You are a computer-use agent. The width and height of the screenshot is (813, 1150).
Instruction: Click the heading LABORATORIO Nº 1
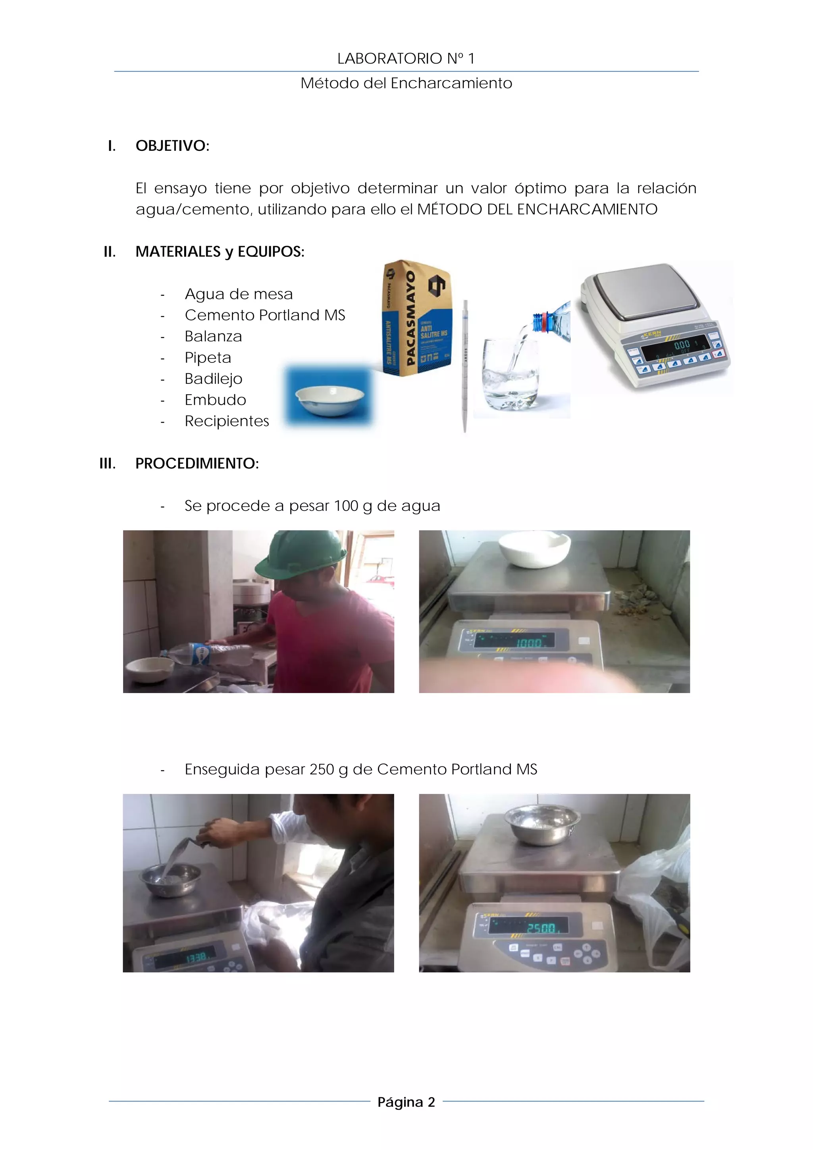[406, 59]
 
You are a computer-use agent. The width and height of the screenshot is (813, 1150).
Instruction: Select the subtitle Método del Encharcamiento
[406, 83]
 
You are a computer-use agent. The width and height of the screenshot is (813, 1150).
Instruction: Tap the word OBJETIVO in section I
[172, 146]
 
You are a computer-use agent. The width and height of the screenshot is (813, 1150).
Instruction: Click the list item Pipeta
[208, 358]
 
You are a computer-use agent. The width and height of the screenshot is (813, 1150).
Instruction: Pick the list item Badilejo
[214, 379]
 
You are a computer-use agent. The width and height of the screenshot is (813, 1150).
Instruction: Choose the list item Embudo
[216, 400]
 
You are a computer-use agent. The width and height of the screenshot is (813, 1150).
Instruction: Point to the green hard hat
[300, 554]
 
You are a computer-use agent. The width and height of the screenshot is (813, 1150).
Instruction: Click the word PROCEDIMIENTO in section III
[197, 463]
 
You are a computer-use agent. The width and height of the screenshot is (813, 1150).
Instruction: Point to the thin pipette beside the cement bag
[465, 366]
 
